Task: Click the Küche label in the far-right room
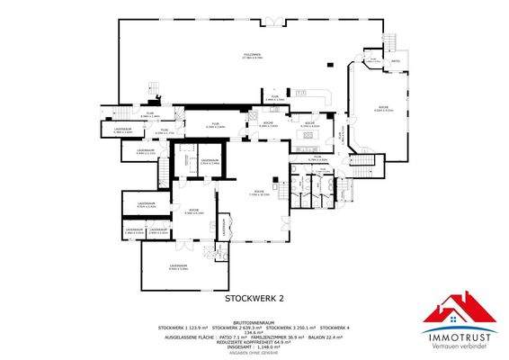pos(383,108)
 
